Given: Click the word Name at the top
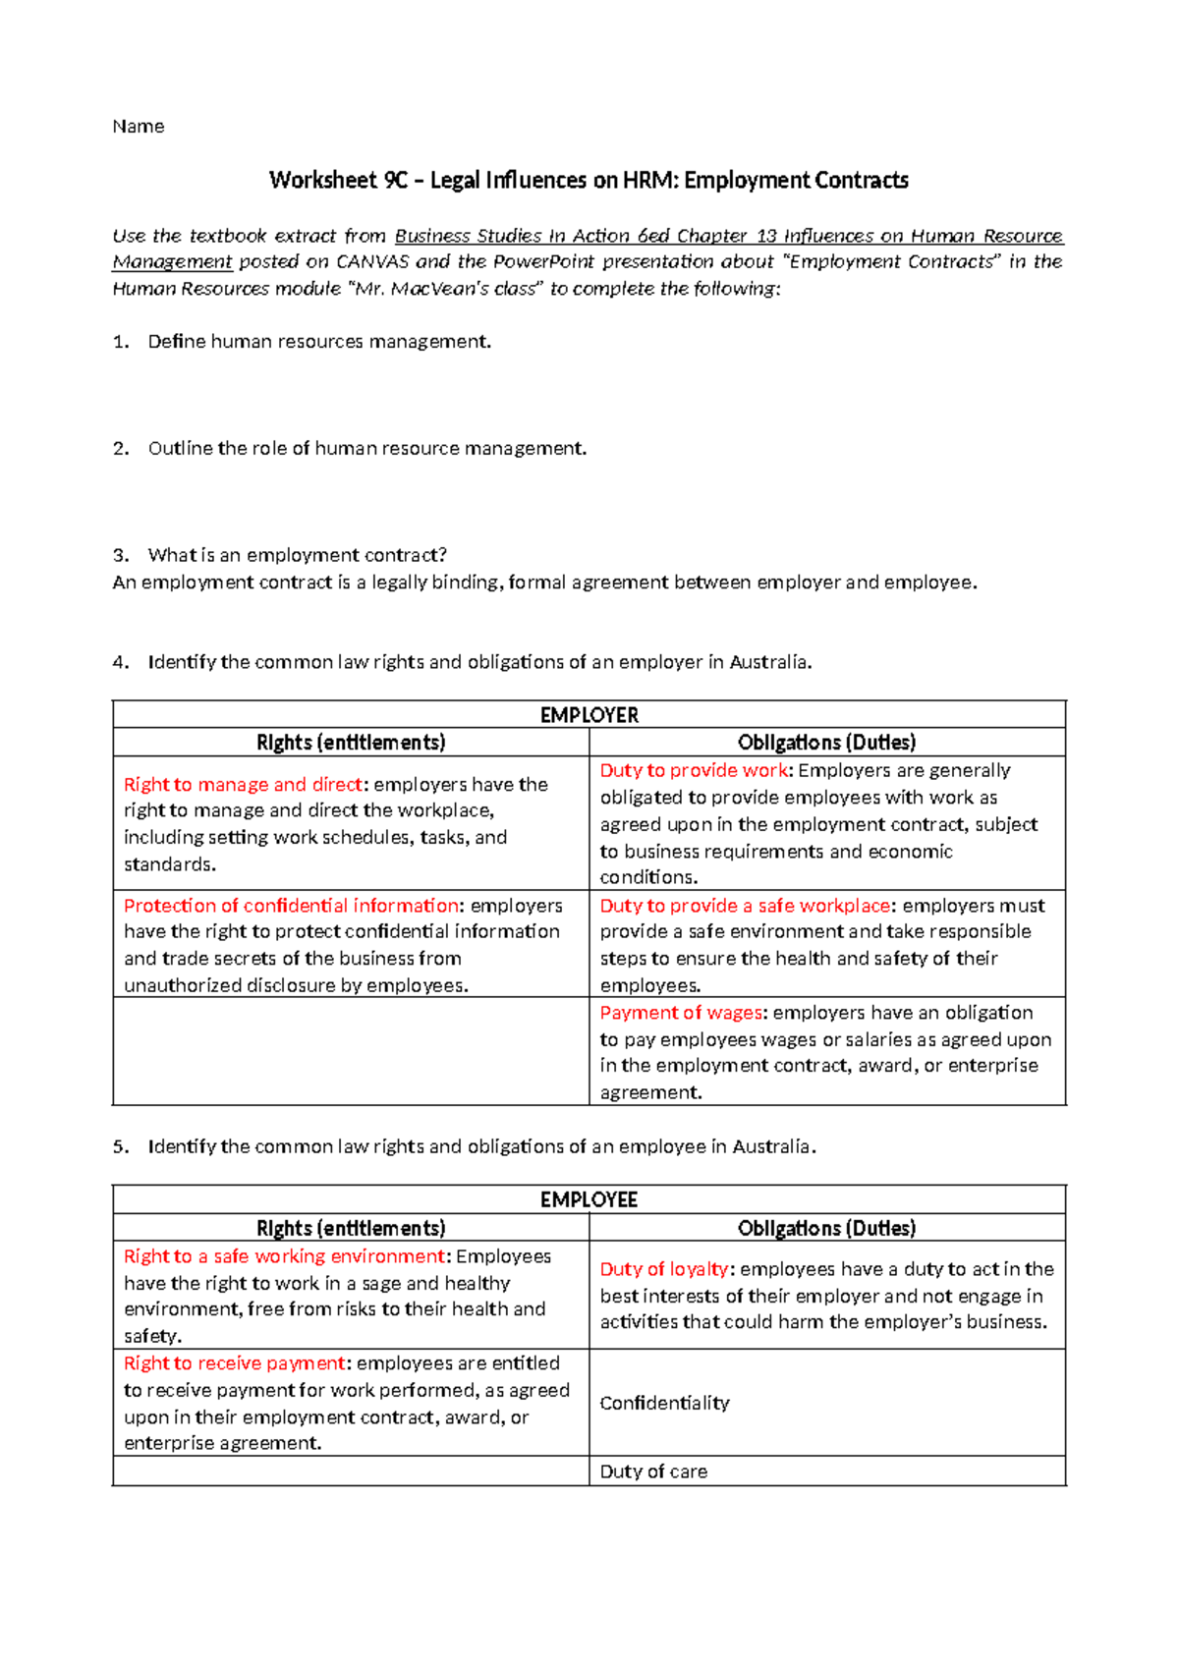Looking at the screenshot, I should coord(138,126).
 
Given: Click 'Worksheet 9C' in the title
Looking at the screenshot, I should coord(323,180).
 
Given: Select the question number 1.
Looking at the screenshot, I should coord(120,342).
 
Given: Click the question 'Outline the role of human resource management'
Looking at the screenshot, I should coord(366,449).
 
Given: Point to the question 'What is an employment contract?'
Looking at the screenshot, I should coord(297,555).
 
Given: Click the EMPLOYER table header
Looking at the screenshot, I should coord(589,714).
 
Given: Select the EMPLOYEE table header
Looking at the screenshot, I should coord(589,1199).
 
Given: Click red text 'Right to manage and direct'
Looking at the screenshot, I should coord(243,784).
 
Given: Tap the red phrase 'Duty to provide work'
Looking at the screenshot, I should coord(694,770).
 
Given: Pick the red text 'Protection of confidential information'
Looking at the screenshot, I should coord(291,905).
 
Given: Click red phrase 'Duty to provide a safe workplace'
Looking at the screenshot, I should coord(745,905).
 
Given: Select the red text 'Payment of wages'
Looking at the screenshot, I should coord(681,1012).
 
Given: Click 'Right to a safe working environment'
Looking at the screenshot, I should coord(284,1255).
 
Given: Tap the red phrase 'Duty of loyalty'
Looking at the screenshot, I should coord(664,1269).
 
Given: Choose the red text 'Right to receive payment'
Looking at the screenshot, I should coord(234,1362).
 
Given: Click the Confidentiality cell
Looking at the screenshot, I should coord(665,1403).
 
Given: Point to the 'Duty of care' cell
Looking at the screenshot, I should coord(653,1472).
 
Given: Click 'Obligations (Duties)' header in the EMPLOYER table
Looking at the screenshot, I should coord(826,742).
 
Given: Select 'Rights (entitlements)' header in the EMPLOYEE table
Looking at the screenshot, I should coord(351,1228).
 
